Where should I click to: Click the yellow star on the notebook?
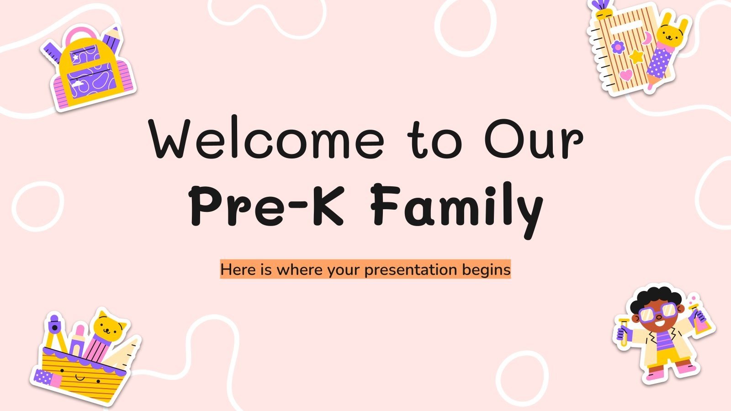pyautogui.click(x=636, y=57)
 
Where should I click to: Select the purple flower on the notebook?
pyautogui.click(x=618, y=47)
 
